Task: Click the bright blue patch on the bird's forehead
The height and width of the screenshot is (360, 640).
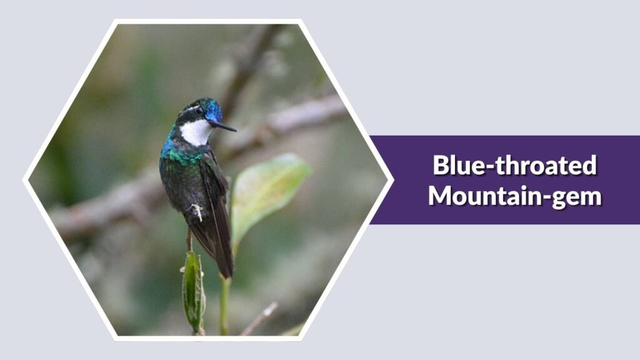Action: [x=214, y=111]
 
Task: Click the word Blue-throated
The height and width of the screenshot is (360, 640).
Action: [x=514, y=166]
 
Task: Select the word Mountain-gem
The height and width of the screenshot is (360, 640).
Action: [x=514, y=196]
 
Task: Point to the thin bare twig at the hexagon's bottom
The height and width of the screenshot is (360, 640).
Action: [x=259, y=319]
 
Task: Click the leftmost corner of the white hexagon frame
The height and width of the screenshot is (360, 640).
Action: [x=25, y=181]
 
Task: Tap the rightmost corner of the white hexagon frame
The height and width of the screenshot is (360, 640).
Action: [x=391, y=181]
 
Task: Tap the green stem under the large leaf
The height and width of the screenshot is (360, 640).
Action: [x=224, y=300]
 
